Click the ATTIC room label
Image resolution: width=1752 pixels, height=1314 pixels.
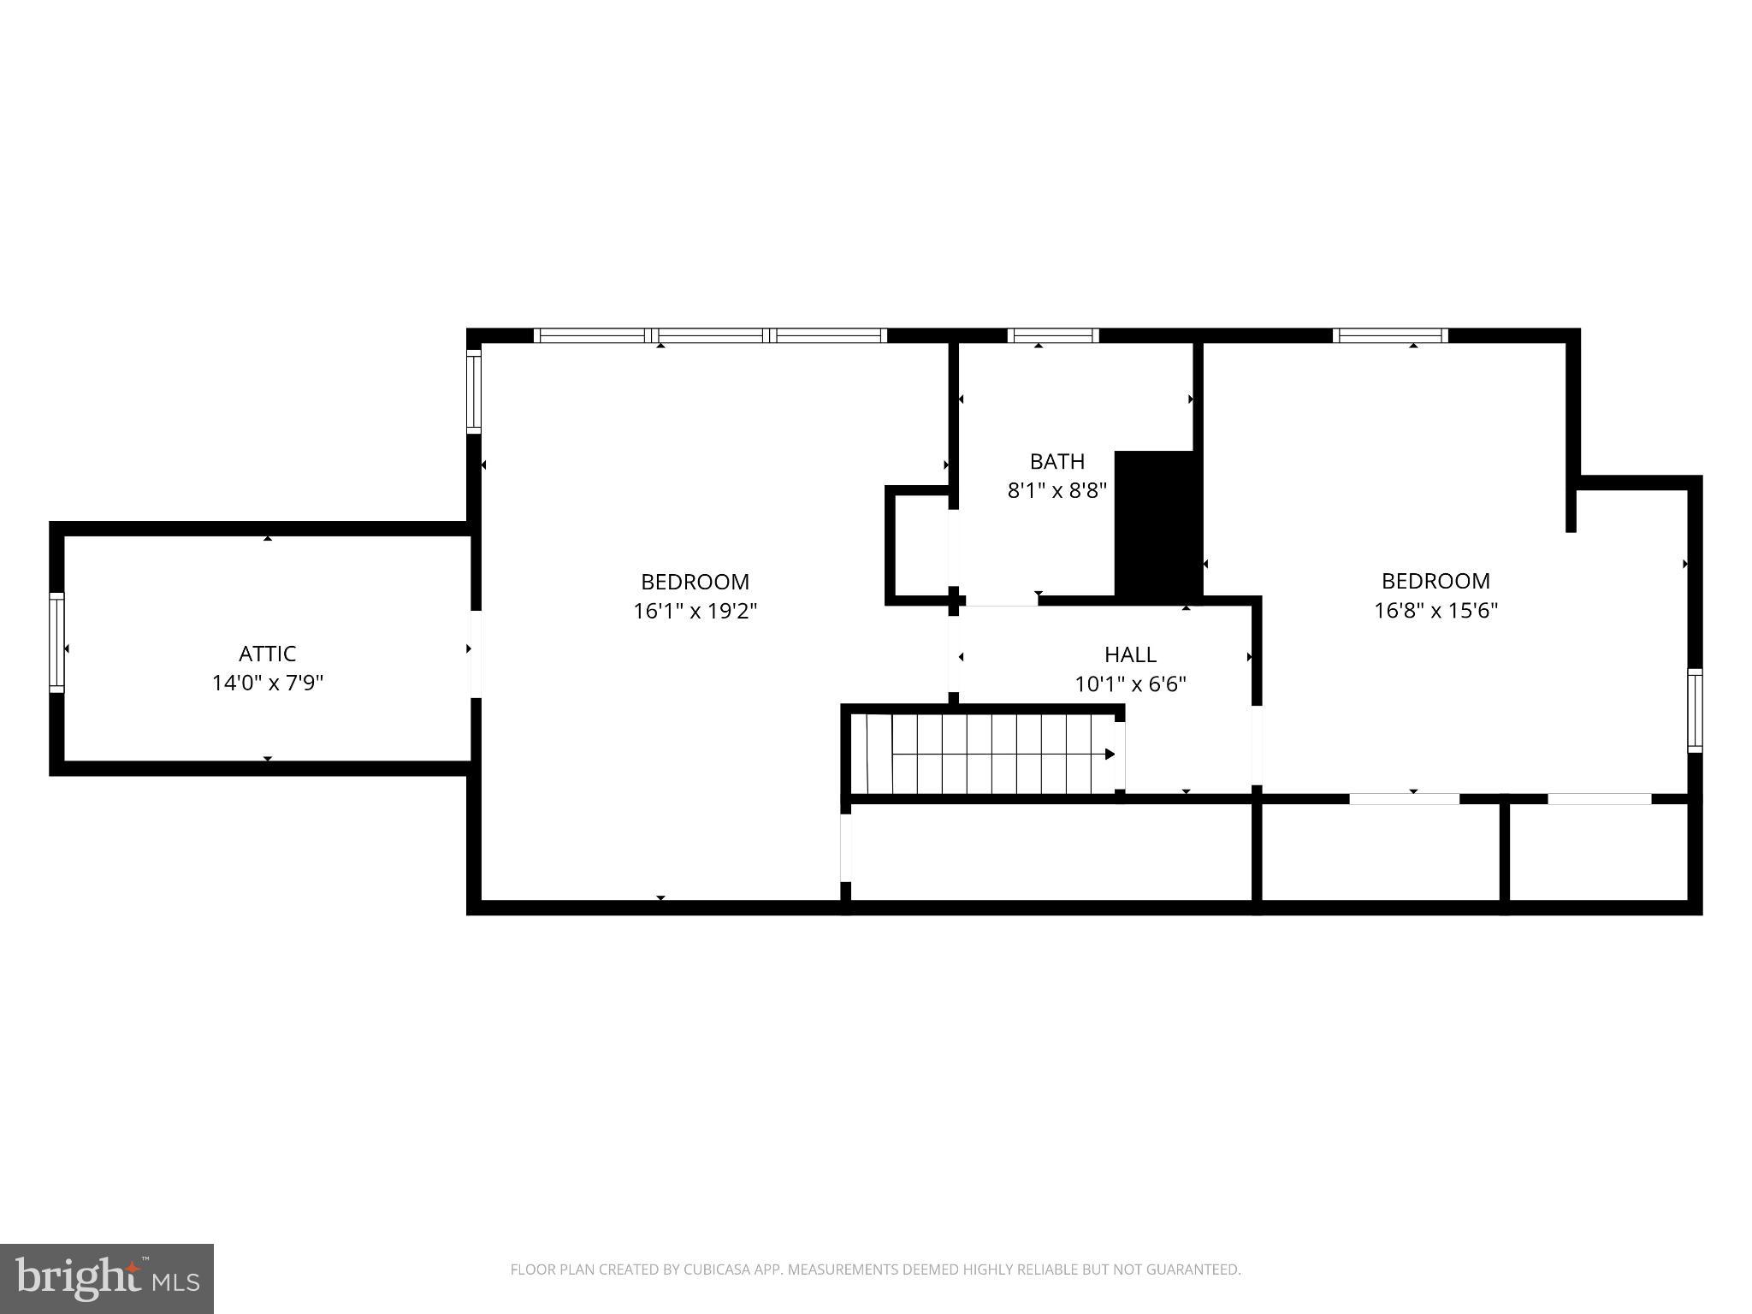click(267, 654)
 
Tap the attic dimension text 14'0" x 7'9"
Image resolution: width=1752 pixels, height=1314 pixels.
click(267, 683)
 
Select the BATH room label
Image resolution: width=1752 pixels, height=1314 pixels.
click(1057, 462)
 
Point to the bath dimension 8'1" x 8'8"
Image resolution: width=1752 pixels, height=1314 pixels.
click(1057, 490)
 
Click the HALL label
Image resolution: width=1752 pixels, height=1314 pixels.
click(1130, 654)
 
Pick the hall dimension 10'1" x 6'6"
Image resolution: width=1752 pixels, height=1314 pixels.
click(1130, 684)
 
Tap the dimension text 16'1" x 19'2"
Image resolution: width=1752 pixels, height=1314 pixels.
click(695, 611)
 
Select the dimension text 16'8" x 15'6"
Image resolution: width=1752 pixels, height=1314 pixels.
click(1435, 610)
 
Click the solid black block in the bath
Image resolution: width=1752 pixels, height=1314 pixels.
click(1158, 524)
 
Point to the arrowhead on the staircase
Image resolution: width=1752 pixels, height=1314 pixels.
click(1110, 754)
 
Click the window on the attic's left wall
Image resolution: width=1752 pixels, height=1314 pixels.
click(56, 642)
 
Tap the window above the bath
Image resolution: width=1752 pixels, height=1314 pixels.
click(1052, 335)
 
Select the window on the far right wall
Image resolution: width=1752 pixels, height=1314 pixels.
click(1694, 710)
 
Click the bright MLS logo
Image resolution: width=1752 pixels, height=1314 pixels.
click(107, 1278)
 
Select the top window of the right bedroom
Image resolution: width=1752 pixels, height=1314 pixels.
click(1390, 335)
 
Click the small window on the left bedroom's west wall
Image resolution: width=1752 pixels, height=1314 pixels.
click(473, 392)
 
